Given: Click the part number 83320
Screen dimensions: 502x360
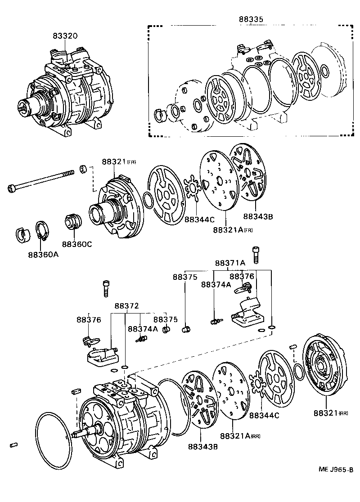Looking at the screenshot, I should click(x=65, y=36).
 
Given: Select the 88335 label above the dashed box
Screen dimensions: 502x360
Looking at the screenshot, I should click(x=251, y=19).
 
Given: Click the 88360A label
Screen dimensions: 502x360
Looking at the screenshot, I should click(x=43, y=254).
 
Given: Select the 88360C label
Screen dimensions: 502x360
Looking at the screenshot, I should click(x=77, y=244).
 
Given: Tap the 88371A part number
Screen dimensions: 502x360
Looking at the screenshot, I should click(x=230, y=263).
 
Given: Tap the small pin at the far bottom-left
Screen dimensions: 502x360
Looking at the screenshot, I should click(x=13, y=445).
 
